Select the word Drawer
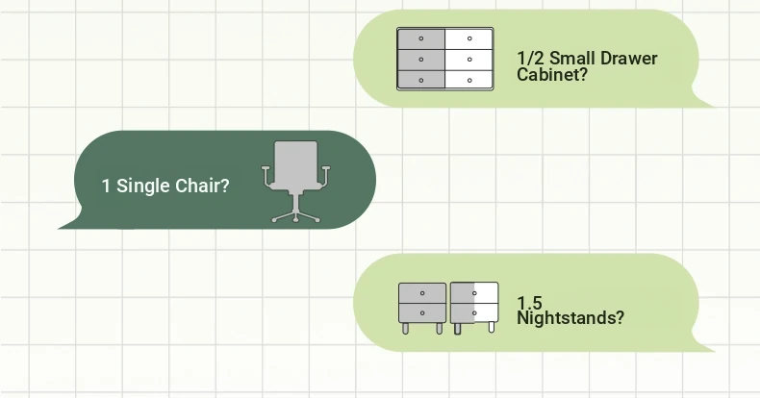click(628, 59)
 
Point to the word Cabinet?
click(552, 75)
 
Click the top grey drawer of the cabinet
click(421, 38)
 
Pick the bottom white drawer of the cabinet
click(469, 80)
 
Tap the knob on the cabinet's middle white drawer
click(469, 60)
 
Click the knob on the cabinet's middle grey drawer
click(421, 60)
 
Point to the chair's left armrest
click(267, 176)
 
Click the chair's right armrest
click(324, 176)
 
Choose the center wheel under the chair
click(296, 220)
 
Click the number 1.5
click(529, 303)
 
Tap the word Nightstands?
click(570, 318)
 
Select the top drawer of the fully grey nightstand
click(422, 293)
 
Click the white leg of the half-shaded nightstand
click(491, 328)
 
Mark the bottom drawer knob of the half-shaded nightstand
click(474, 313)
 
